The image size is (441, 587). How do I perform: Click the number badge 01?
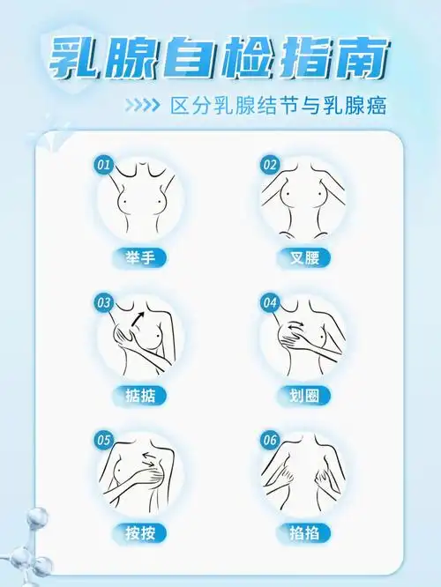coord(104,165)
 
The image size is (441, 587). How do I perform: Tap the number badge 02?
coord(270,165)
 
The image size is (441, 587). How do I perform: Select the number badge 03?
coord(104,302)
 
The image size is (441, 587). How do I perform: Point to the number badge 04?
coord(270,302)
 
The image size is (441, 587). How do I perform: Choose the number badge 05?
coord(104,439)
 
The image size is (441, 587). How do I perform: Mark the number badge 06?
coord(270,439)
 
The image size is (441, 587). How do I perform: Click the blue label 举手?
coord(139,258)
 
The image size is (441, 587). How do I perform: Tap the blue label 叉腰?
coord(303,258)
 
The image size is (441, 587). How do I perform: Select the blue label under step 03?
coord(139,395)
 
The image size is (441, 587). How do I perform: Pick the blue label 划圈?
coord(303,395)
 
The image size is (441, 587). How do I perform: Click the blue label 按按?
coord(139,532)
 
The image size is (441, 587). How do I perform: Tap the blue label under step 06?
coord(303,532)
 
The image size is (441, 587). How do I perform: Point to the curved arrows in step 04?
coord(300,333)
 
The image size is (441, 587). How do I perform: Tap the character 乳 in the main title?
coord(74,59)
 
